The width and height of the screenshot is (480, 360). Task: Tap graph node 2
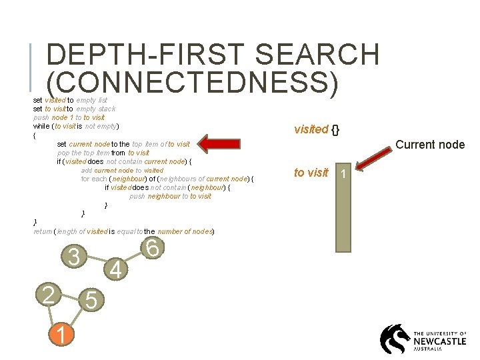pyautogui.click(x=48, y=294)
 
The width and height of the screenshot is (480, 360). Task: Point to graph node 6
pyautogui.click(x=152, y=248)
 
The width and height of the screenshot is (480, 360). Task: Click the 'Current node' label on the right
pyautogui.click(x=430, y=145)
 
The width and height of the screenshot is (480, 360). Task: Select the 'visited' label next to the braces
pyautogui.click(x=311, y=129)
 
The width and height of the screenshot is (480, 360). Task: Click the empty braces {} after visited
pyautogui.click(x=336, y=129)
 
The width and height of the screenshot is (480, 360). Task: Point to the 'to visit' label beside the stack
pyautogui.click(x=311, y=173)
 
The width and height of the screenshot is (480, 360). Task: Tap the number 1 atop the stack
pyautogui.click(x=343, y=174)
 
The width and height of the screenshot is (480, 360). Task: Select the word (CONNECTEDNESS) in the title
pyautogui.click(x=193, y=83)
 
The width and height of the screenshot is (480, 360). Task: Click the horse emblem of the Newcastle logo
pyautogui.click(x=395, y=339)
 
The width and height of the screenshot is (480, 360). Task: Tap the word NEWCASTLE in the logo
pyautogui.click(x=440, y=341)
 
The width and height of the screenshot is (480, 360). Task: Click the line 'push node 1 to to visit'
pyautogui.click(x=69, y=117)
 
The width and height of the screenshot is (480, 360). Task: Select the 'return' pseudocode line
pyautogui.click(x=123, y=231)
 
